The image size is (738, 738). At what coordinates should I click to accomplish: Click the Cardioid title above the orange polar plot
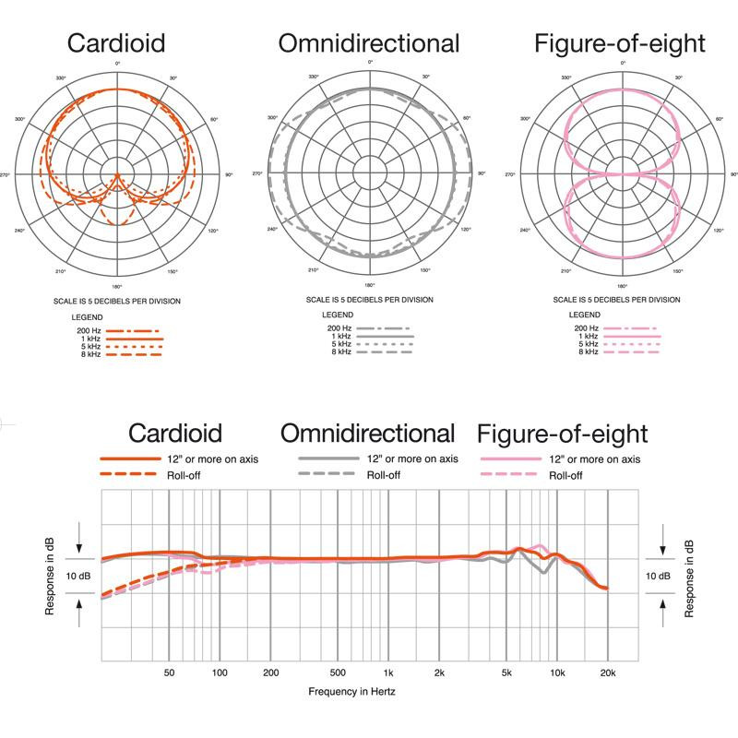pyautogui.click(x=117, y=42)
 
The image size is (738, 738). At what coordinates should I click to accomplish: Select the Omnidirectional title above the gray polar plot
pyautogui.click(x=370, y=42)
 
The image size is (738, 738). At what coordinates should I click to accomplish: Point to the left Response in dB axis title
pyautogui.click(x=50, y=577)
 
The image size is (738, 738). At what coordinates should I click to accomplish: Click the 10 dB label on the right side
pyautogui.click(x=659, y=575)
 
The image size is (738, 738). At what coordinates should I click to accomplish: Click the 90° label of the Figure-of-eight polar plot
pyautogui.click(x=734, y=173)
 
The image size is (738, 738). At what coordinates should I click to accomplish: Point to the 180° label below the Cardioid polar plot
pyautogui.click(x=117, y=286)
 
